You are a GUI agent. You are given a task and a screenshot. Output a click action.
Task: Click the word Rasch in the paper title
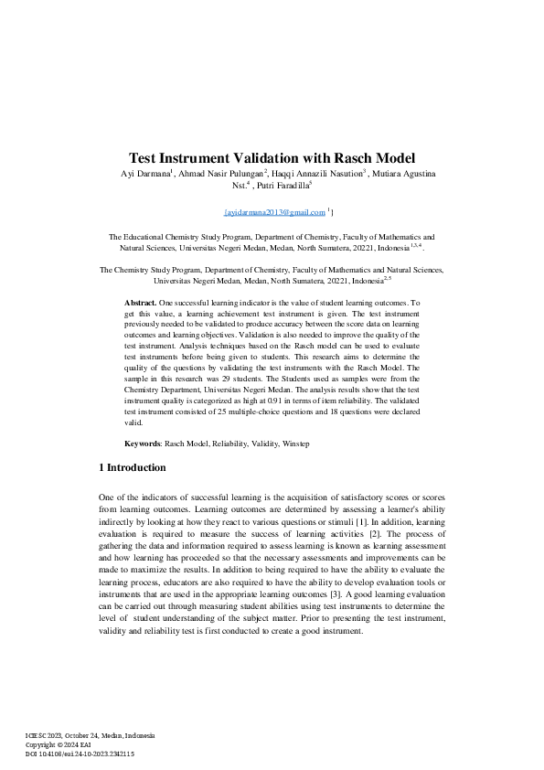point(355,157)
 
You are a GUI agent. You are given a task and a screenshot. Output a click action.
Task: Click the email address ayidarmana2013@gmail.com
point(274,212)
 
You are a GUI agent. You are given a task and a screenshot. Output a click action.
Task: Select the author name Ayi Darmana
point(145,174)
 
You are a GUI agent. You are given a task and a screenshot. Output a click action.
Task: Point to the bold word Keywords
point(143,444)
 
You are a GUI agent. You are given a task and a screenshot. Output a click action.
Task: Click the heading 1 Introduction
point(133,467)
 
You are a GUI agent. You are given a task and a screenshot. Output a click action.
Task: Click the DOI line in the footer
point(80,754)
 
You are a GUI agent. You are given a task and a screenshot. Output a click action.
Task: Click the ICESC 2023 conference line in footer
point(90,736)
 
